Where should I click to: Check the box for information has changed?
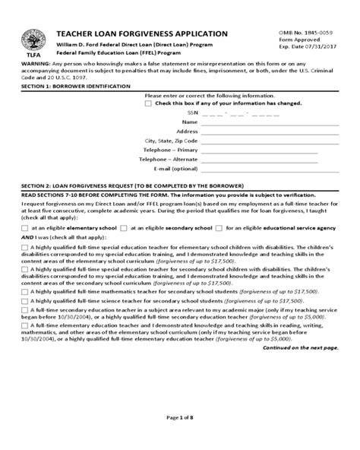pos(148,104)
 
